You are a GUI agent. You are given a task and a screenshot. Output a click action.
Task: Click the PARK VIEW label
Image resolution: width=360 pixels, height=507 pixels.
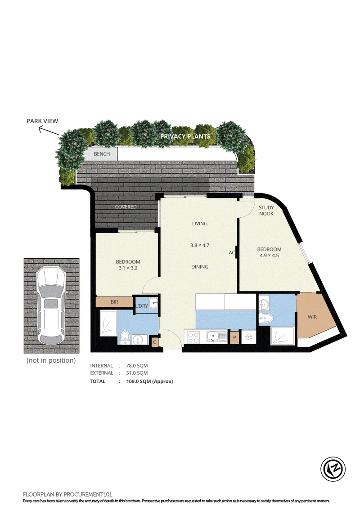pos(42,121)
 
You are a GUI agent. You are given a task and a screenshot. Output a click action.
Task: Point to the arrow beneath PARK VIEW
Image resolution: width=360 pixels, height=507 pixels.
pos(49,130)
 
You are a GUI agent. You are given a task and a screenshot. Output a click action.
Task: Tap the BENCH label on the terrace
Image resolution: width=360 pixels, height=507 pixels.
pos(102,154)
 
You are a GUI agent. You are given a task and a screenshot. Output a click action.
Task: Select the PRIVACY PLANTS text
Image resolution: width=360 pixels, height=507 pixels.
pos(185,136)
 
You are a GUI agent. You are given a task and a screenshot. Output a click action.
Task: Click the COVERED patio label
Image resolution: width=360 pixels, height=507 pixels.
pos(126,206)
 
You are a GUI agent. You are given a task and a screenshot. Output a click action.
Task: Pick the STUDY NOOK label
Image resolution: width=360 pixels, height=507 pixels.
pos(266,211)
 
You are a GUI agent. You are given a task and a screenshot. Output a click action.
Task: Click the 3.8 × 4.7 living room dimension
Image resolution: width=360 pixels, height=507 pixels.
pos(199,245)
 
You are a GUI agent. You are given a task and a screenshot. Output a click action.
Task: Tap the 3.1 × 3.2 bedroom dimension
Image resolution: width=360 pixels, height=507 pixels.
pos(128,268)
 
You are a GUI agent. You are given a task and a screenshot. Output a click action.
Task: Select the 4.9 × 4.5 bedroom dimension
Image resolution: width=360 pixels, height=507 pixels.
pos(269,256)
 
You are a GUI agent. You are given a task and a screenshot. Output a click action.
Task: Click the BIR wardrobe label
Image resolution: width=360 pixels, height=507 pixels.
pos(114,302)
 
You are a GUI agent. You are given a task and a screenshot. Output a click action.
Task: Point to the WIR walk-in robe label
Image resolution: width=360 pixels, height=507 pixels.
pos(312,317)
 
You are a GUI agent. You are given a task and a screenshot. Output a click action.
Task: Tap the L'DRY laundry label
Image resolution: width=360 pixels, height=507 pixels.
pos(142,306)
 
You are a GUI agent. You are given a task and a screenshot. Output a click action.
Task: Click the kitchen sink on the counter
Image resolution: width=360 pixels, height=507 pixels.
pos(217,337)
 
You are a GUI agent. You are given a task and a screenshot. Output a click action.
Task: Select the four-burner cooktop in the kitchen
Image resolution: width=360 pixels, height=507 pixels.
pos(193,337)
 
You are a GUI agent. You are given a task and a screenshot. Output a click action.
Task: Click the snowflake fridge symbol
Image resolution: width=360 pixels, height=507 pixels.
pos(249,337)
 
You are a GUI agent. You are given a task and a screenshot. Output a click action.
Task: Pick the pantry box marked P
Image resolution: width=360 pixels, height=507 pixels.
pos(234,337)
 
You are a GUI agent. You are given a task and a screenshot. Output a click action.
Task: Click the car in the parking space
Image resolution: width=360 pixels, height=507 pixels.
pos(51,305)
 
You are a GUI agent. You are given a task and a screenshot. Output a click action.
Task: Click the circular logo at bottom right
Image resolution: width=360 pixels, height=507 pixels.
pos(333,469)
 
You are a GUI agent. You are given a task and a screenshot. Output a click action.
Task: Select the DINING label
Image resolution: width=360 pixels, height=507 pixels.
pos(199,267)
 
